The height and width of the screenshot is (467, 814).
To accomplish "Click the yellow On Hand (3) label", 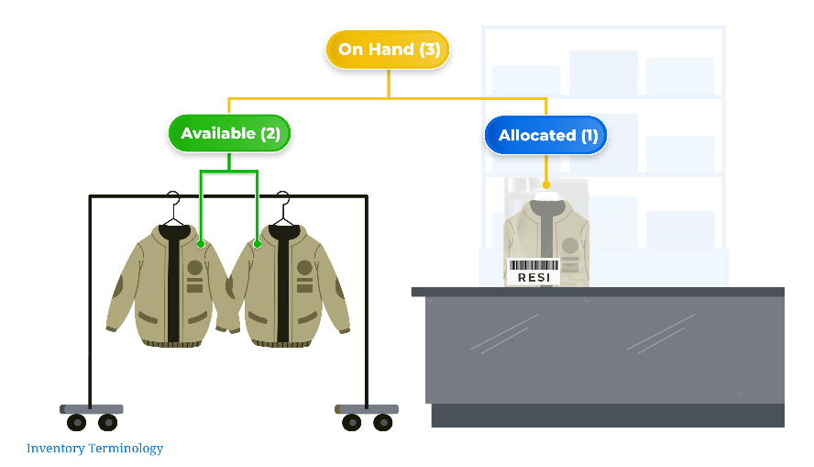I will pos(388,50).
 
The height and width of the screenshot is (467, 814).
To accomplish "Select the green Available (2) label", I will pos(230,133).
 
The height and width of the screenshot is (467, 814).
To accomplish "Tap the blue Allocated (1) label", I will pos(546,135).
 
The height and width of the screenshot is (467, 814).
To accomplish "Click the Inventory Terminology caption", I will pos(94,449).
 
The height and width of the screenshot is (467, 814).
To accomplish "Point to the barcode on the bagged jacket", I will pos(533,264).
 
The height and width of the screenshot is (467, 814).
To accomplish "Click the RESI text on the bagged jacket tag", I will pos(533,277).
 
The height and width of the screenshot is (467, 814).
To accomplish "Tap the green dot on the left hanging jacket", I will pos(201,244).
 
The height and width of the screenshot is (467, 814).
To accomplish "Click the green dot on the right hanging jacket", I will pos(258,244).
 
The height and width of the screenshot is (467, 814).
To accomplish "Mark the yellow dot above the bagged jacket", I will pos(546,185).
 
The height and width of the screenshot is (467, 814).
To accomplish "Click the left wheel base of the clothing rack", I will pos(92,414).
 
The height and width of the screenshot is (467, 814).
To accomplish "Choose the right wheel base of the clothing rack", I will pos(367,414).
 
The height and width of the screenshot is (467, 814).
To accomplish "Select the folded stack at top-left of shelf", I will pos(526,79).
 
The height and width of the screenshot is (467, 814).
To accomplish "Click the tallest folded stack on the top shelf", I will pos(604,72).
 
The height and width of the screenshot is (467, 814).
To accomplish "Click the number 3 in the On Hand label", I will pos(430,50).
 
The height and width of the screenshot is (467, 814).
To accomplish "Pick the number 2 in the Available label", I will pos(270,133).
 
